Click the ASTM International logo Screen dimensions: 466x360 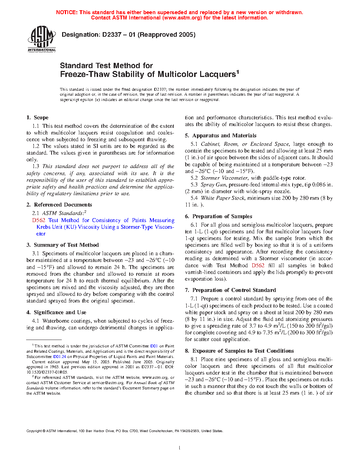42,39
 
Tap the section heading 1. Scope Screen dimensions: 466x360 37,118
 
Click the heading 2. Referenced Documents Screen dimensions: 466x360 59,205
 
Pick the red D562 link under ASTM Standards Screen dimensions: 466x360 39,220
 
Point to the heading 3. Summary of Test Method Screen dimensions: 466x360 62,245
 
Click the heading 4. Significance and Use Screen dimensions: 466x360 56,312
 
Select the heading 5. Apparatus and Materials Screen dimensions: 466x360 221,136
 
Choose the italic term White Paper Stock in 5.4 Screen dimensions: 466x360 223,198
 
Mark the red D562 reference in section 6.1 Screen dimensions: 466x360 258,265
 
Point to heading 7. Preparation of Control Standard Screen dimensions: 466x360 230,290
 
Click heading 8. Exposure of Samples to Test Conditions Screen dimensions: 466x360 239,351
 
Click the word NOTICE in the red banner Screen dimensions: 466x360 67,12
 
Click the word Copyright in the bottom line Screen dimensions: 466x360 34,431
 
